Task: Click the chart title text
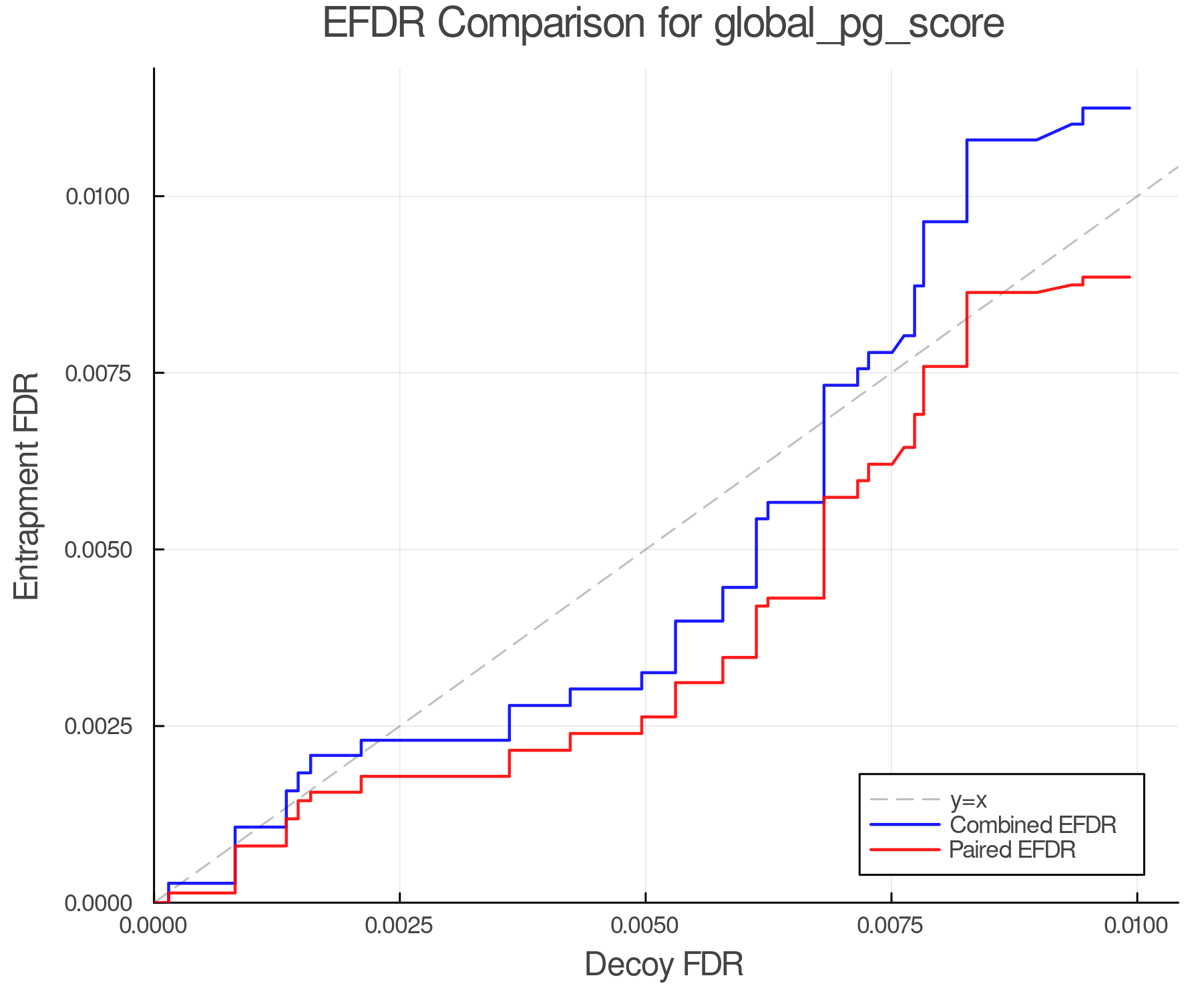pos(663,25)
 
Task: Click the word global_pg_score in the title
pos(859,25)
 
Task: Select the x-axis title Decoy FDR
pos(664,965)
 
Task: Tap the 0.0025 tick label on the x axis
pos(399,926)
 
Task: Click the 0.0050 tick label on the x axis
pos(645,926)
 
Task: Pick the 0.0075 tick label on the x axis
pos(891,926)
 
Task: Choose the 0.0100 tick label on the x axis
pos(1137,926)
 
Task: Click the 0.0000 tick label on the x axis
pos(154,926)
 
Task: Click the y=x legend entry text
pos(968,800)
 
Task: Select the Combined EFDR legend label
pos(1033,825)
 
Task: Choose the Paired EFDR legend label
pos(1012,850)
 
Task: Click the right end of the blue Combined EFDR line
pos(1129,108)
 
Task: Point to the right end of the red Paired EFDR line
pos(1129,277)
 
